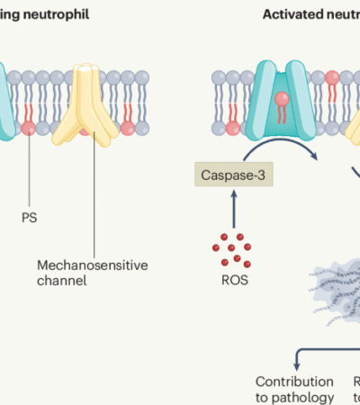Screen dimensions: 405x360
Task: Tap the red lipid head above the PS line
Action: pos(28,127)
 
